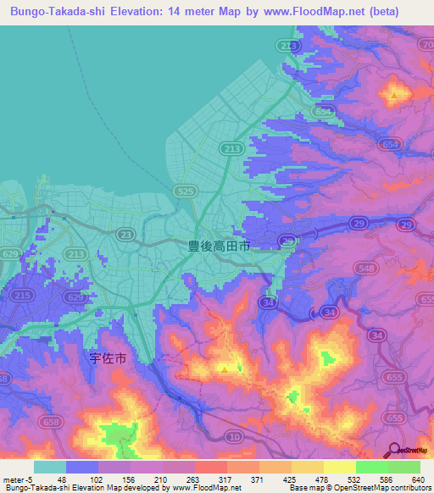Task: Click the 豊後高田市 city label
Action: (x=219, y=246)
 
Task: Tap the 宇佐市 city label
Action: (x=108, y=358)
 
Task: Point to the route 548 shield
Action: (x=366, y=269)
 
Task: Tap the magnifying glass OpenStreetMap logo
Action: (x=392, y=451)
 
